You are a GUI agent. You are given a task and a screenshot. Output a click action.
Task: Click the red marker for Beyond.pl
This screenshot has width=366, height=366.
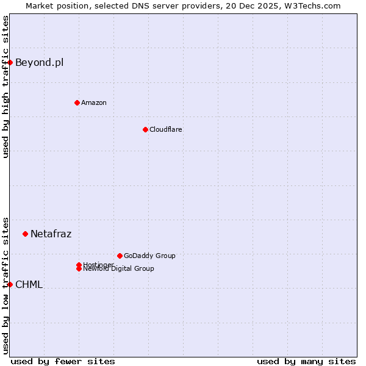(10, 62)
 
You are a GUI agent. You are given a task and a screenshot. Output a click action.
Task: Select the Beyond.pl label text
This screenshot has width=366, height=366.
(39, 62)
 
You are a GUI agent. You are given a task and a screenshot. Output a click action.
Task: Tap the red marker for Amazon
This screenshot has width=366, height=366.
(77, 102)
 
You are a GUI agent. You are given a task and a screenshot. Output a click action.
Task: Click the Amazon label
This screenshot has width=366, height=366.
(93, 102)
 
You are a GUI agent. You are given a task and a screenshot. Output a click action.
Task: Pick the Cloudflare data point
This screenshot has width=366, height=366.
(145, 129)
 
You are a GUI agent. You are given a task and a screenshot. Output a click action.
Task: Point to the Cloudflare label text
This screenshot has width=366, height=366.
(165, 129)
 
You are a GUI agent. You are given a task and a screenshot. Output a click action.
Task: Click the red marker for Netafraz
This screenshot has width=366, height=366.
(26, 234)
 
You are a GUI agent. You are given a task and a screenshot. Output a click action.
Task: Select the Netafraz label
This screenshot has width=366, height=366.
(51, 234)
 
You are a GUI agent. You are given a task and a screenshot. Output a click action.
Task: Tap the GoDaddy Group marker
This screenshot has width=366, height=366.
(120, 256)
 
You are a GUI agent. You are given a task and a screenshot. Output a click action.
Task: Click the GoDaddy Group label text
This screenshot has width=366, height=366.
(149, 256)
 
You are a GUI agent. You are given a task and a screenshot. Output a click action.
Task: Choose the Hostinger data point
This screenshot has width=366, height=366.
(79, 265)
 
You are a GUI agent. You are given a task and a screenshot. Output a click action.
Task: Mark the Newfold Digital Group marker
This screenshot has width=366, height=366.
(79, 269)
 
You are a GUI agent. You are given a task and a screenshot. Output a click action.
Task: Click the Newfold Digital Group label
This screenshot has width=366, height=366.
(119, 269)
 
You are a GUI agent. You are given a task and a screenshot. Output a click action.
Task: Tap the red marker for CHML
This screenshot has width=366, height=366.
(10, 284)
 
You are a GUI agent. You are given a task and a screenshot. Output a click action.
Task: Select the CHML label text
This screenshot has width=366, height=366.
(29, 284)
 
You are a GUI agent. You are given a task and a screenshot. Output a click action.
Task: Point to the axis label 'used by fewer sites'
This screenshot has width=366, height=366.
(63, 361)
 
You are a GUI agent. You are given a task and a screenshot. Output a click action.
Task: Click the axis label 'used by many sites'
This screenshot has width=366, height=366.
(306, 361)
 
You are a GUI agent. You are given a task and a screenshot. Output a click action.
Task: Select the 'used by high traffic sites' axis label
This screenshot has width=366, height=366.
(5, 87)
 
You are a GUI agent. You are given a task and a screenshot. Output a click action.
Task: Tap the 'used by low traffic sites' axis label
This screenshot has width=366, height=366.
(5, 285)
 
